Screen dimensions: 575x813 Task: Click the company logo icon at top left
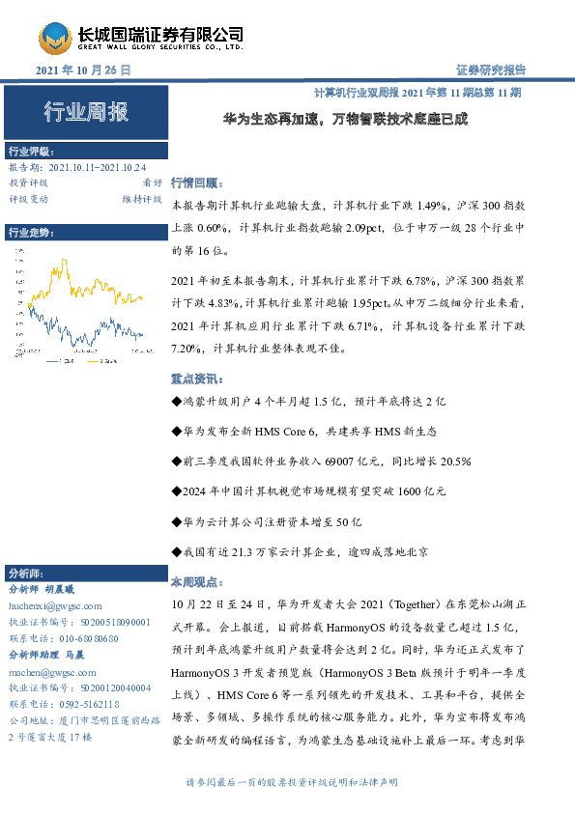55,38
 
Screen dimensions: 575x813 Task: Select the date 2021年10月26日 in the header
83,71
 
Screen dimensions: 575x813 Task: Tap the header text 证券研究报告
490,70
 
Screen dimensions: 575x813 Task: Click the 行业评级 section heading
31,152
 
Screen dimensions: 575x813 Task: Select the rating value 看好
152,182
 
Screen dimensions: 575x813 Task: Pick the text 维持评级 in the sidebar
141,198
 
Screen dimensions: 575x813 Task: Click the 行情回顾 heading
195,182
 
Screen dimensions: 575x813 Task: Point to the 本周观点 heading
195,584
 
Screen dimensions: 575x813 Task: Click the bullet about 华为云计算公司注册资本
266,522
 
